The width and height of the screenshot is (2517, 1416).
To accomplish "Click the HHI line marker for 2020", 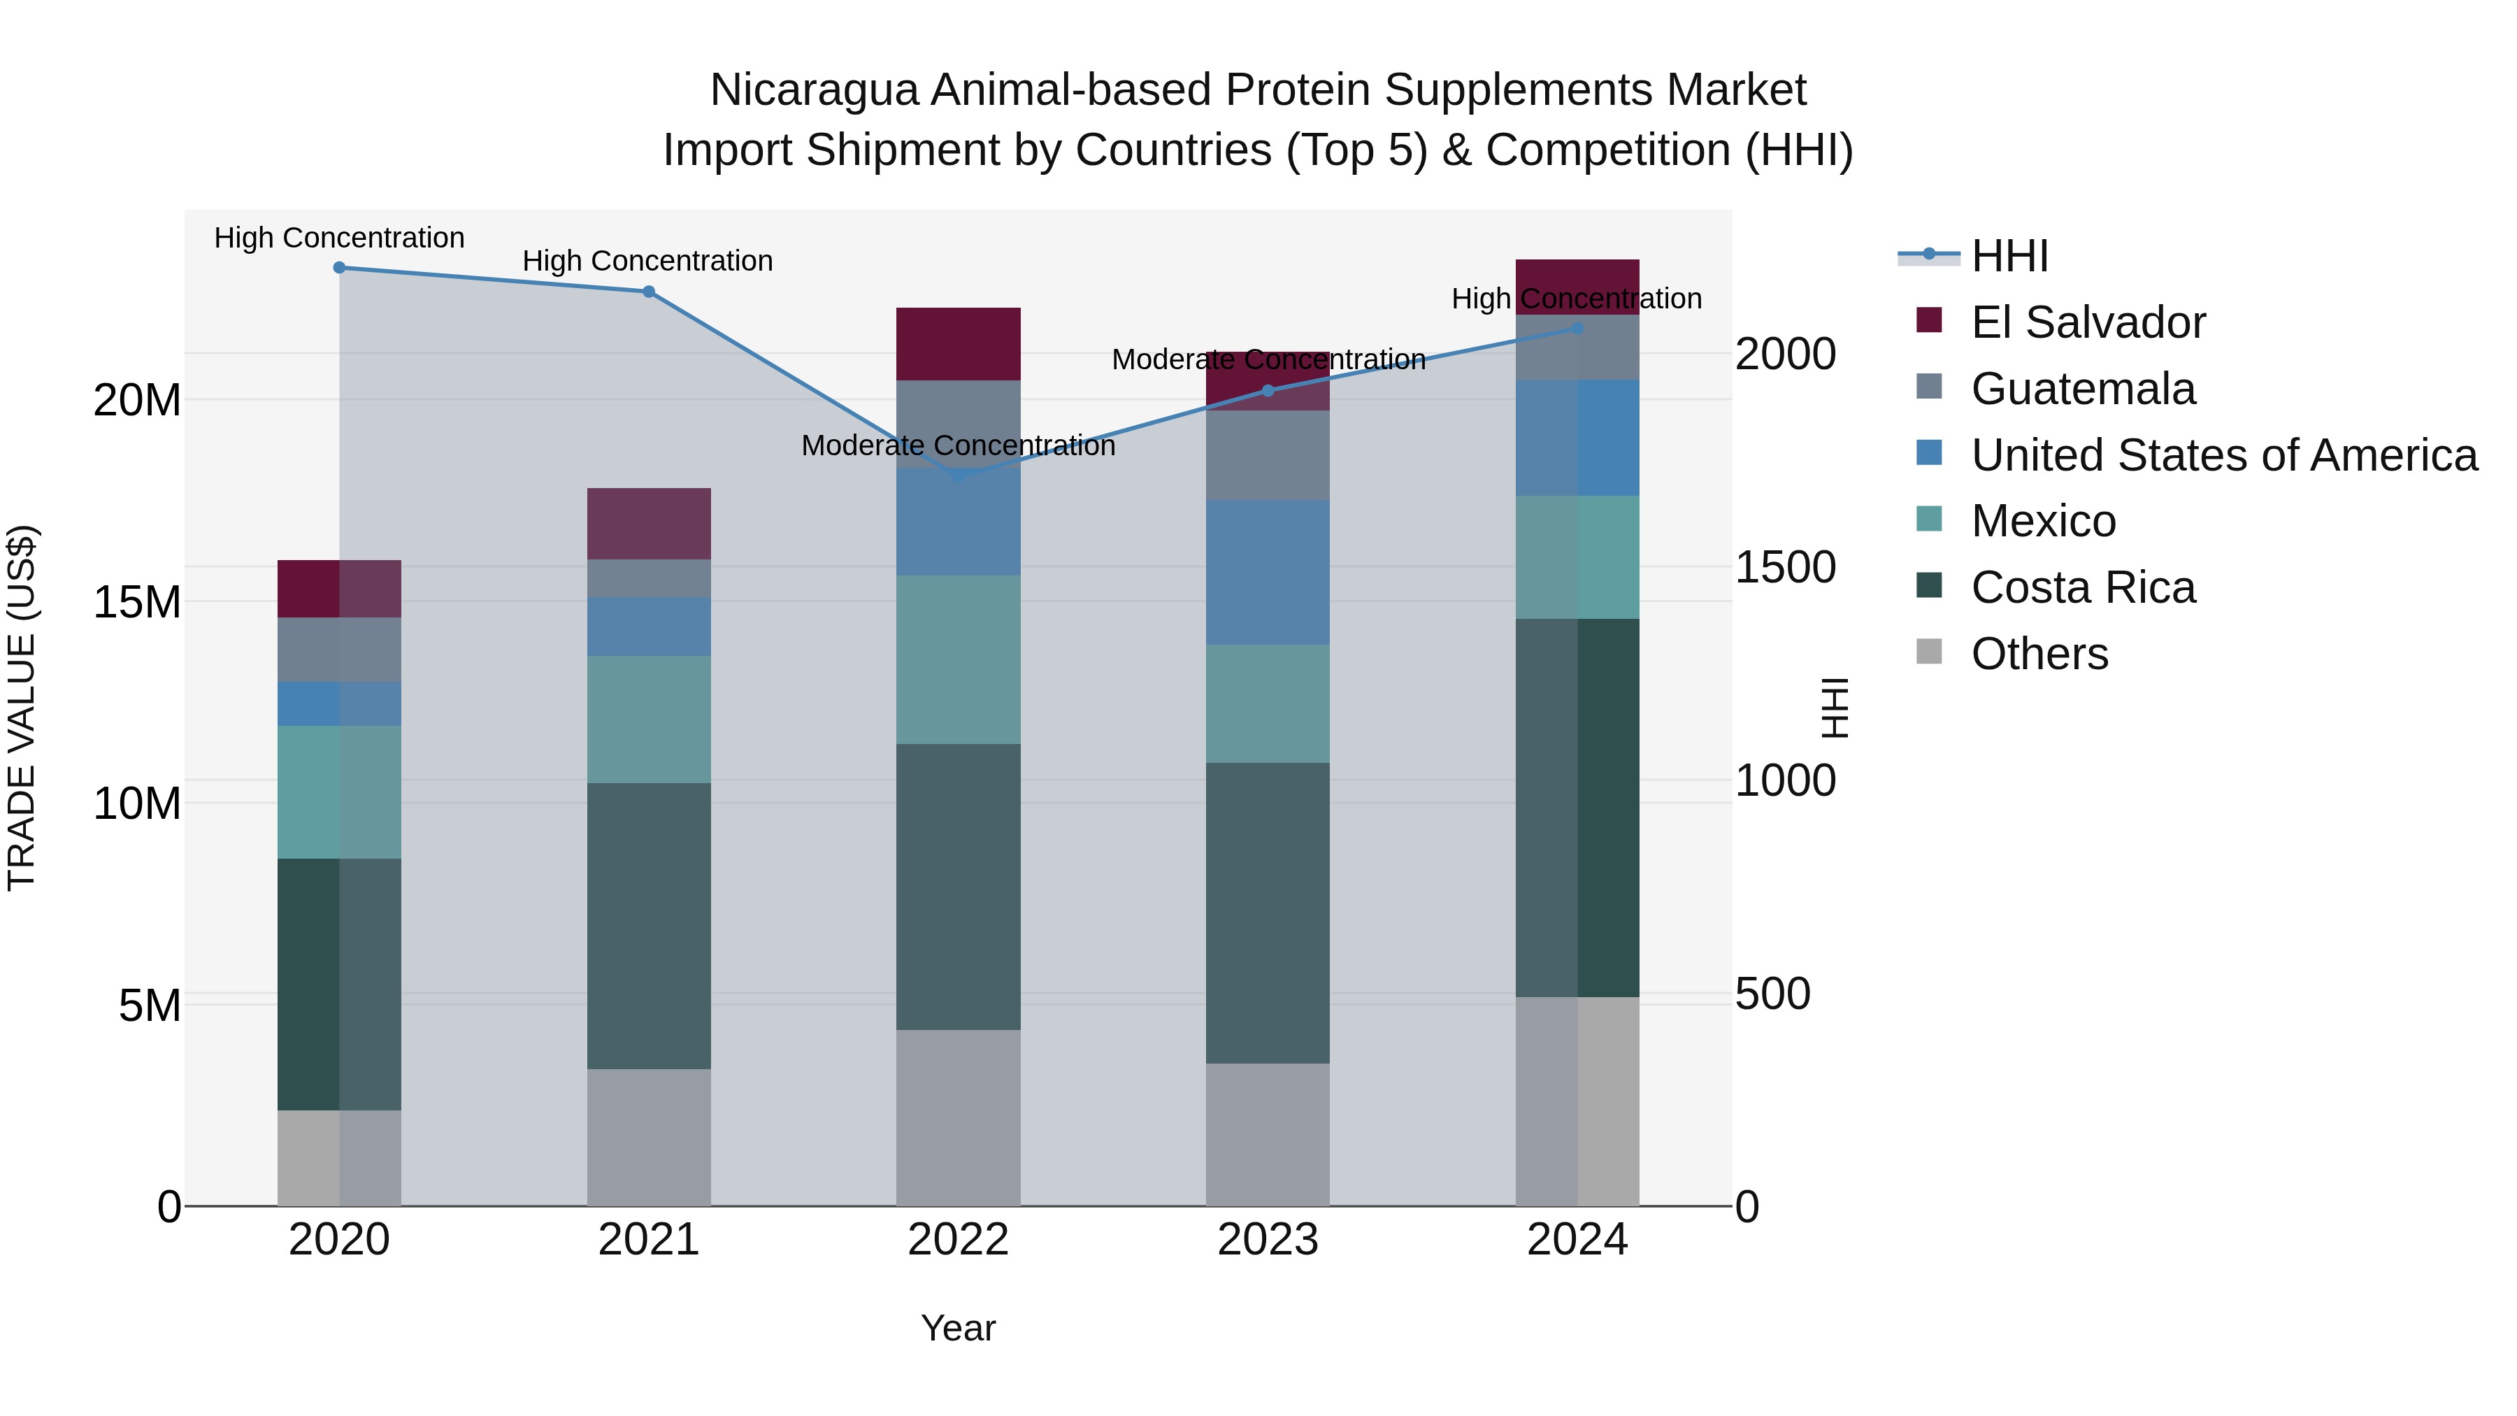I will coord(339,268).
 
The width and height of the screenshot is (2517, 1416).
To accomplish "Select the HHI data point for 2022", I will coord(958,476).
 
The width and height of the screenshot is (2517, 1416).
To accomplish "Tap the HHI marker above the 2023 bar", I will coord(1268,391).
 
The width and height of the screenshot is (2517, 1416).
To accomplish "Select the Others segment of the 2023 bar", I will coord(1268,1133).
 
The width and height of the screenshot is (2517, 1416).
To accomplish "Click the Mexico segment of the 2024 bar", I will coord(1577,557).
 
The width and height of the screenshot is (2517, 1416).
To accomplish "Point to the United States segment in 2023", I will coord(1268,572).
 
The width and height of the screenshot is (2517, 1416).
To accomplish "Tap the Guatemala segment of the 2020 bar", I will coord(339,649).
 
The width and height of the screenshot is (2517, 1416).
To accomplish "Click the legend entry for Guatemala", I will coord(2082,389).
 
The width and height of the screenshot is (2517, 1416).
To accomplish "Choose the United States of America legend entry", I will coord(2223,455).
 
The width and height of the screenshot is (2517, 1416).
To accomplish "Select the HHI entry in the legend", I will coord(2008,256).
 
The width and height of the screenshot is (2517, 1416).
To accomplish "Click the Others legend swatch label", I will coord(2039,654).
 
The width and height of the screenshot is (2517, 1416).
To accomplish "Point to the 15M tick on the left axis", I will coord(137,602).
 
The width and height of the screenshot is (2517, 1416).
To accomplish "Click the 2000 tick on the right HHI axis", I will coord(1785,354).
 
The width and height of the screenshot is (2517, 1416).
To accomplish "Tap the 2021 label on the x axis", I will coord(648,1240).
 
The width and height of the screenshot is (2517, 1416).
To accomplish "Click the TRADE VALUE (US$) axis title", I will coord(22,708).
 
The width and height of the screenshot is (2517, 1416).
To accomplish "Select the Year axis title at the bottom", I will coord(958,1328).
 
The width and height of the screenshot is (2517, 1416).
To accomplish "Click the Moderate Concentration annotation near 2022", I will coord(958,445).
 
